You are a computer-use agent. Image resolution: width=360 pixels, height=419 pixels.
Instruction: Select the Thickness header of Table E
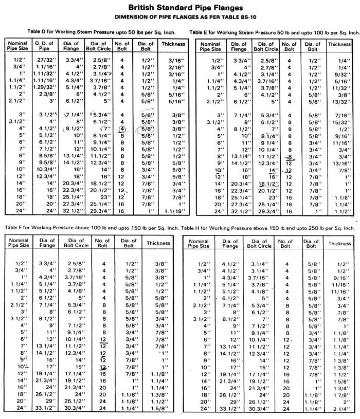(340, 45)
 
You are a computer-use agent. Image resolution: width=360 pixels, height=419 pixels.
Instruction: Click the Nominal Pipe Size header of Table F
(19, 243)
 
